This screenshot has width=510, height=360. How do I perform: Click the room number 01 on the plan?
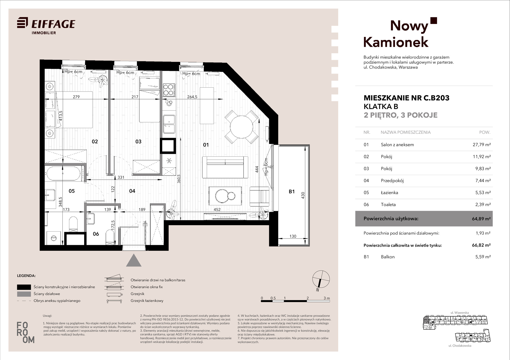(x=206, y=145)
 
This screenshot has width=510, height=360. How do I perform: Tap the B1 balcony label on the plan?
(x=292, y=192)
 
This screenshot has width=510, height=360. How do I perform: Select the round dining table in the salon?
(x=241, y=127)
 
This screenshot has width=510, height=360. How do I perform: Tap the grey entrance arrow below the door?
(x=134, y=260)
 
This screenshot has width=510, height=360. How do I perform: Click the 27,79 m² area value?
(x=482, y=145)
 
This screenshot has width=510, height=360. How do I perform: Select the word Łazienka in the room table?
(x=389, y=193)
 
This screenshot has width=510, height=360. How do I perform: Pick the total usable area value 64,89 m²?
(x=481, y=219)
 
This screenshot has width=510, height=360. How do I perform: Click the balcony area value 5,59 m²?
(x=483, y=257)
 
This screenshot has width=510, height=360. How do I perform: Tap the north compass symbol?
(x=321, y=279)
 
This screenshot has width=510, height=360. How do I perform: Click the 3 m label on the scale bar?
(x=327, y=298)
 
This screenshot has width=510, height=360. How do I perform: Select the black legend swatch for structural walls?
(x=24, y=287)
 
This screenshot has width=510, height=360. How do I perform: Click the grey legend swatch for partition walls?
(x=24, y=294)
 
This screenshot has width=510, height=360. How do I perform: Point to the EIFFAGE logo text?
(x=53, y=24)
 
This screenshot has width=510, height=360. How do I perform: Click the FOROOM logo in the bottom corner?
(x=25, y=332)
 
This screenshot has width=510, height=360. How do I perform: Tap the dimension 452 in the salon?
(x=217, y=209)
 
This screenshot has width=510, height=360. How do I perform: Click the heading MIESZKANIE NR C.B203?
(x=406, y=98)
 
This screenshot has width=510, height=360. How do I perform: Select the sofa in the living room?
(x=225, y=167)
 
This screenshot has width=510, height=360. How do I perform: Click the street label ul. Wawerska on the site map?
(x=460, y=313)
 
